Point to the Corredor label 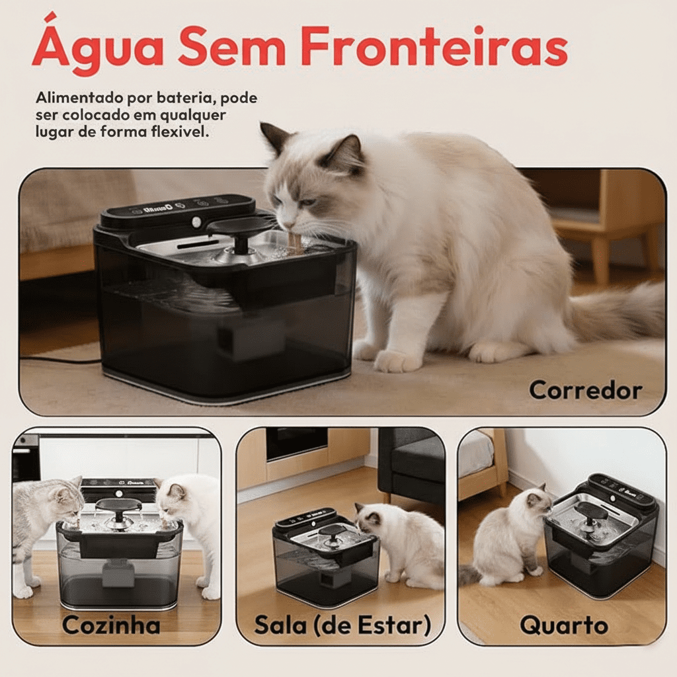585,390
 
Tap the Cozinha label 111,624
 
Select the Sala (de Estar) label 342,624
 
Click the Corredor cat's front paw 397,360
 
